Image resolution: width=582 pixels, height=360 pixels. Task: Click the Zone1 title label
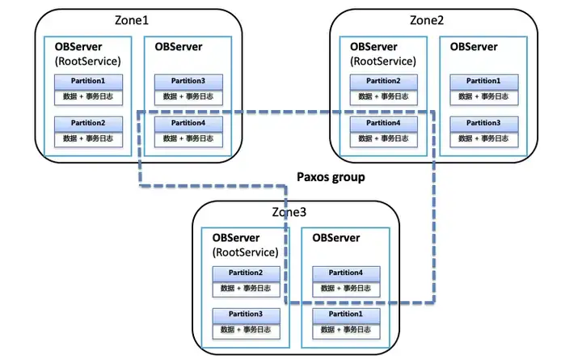(132, 20)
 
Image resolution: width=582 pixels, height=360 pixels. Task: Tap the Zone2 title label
(427, 20)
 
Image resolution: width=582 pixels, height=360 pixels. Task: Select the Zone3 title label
(289, 212)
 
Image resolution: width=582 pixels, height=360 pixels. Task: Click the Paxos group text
(331, 177)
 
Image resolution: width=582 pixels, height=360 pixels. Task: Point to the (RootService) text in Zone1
(88, 61)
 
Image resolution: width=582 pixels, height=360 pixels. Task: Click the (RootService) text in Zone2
(383, 61)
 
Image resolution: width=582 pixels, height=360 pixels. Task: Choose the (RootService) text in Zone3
(246, 252)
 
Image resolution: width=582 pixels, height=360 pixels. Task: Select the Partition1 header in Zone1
(88, 82)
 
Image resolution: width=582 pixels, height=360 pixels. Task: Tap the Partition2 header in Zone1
(88, 124)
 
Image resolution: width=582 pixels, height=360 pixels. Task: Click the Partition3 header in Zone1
(188, 82)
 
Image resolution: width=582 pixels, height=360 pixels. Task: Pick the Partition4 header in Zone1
(188, 124)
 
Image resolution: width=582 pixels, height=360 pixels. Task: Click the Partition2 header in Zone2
(384, 82)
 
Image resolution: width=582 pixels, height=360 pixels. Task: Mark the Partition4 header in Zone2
(384, 124)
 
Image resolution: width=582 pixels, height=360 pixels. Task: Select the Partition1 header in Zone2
(484, 82)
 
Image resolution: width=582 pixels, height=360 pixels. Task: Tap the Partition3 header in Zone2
(484, 124)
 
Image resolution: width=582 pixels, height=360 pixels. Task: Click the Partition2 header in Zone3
(246, 273)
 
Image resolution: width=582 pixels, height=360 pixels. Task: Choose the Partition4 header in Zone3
(346, 273)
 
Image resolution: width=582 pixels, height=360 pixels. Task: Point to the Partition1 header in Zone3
(346, 316)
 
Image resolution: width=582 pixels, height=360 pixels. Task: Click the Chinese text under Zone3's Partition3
(246, 330)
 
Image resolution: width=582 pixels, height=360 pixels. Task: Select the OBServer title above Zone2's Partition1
(474, 47)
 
